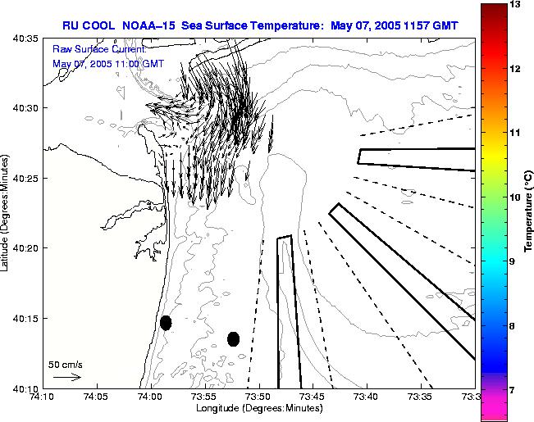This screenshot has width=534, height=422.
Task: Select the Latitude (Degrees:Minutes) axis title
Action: (x=7, y=212)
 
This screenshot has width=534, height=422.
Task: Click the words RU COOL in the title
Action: (x=88, y=25)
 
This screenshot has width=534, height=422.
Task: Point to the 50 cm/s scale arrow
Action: (x=66, y=377)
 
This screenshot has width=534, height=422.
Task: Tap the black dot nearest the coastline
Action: (x=166, y=323)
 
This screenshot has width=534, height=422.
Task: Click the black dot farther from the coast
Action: (x=233, y=338)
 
